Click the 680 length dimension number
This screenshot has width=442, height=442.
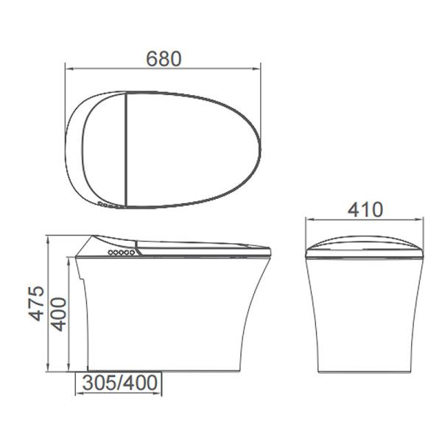pyautogui.click(x=164, y=57)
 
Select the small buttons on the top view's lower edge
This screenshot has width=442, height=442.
pyautogui.click(x=108, y=203)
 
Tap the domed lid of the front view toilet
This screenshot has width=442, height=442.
pyautogui.click(x=365, y=244)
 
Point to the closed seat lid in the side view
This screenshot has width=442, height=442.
pyautogui.click(x=199, y=244)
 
